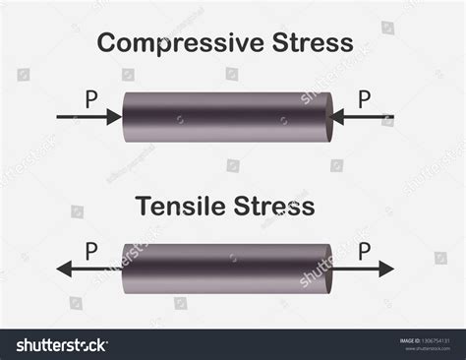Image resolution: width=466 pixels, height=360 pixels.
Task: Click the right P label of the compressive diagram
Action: pos(364,98)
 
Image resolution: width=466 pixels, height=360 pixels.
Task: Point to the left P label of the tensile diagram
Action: pos(91,251)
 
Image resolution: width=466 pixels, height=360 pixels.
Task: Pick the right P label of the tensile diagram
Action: pos(364,251)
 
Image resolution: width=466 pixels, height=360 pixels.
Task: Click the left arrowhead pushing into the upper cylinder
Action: pos(115,117)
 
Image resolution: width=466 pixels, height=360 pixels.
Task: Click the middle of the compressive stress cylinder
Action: pos(226,117)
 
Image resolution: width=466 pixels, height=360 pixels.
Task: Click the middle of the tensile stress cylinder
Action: pos(226,269)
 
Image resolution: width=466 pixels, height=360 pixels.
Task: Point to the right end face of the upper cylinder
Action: pos(325,117)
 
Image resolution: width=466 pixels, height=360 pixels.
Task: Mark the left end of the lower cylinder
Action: pos(126,269)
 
